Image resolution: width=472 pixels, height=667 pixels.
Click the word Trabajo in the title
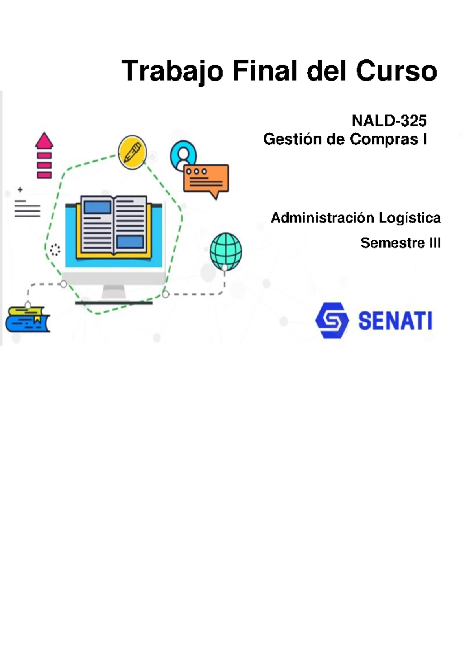click(x=172, y=72)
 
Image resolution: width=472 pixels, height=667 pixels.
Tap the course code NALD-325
click(x=389, y=121)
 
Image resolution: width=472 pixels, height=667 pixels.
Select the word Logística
click(x=409, y=218)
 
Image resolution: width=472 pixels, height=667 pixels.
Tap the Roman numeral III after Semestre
click(x=435, y=243)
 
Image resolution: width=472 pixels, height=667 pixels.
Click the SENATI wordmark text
click(x=395, y=321)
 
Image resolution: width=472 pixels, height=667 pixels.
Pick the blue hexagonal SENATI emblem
click(x=332, y=321)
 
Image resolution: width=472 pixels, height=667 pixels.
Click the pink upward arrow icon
click(x=44, y=155)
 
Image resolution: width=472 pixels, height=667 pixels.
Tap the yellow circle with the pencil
click(x=132, y=152)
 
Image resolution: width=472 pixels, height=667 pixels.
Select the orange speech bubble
click(x=206, y=181)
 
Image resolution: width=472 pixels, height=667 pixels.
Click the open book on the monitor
click(x=113, y=226)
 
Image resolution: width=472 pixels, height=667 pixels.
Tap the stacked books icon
click(x=28, y=319)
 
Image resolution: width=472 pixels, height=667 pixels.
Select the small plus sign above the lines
click(x=20, y=189)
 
